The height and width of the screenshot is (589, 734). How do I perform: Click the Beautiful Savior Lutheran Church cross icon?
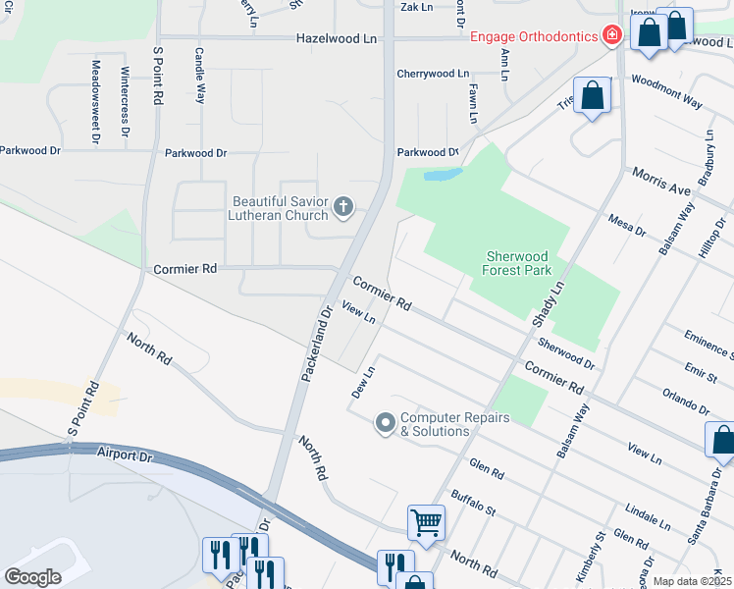(x=342, y=205)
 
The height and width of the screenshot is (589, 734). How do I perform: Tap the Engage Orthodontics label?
(x=534, y=36)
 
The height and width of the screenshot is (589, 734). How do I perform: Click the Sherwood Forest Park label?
(x=518, y=263)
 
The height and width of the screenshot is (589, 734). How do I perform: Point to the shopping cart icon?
(x=427, y=522)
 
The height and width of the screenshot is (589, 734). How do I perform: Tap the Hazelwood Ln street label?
(x=337, y=38)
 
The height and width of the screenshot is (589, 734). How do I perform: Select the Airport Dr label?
(x=127, y=454)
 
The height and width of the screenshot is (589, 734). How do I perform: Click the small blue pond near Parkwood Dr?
(x=443, y=176)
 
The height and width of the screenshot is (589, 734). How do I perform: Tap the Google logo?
(x=33, y=577)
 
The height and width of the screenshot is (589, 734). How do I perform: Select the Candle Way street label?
(x=200, y=76)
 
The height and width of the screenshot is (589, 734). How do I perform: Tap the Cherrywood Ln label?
(x=433, y=74)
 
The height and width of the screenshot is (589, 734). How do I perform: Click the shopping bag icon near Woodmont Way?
(x=593, y=97)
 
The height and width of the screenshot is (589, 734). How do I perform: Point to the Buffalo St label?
(x=474, y=504)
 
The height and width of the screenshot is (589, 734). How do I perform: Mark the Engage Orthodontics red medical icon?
(x=612, y=36)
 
